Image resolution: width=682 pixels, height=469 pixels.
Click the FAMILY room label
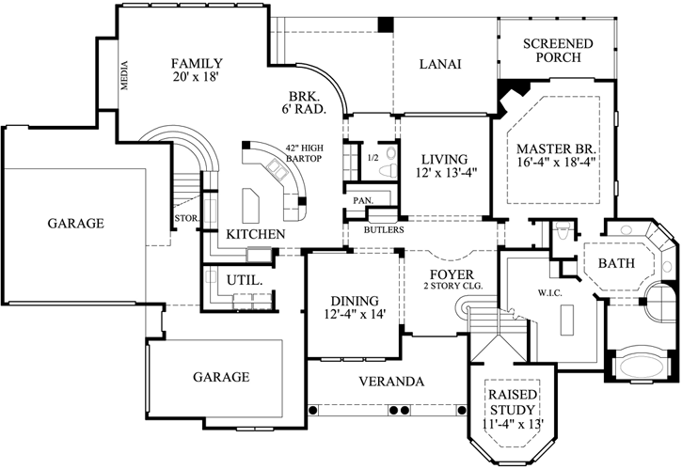[x=195, y=64]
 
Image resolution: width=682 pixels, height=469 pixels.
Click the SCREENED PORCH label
[x=558, y=51]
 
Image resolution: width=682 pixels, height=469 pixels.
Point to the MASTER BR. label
[x=558, y=149]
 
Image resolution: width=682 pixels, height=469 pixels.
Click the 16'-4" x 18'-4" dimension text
[x=558, y=164]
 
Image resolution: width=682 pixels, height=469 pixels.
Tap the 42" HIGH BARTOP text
[x=304, y=153]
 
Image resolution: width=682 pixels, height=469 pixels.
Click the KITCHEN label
[x=256, y=233]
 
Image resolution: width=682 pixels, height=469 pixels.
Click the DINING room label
[x=355, y=301]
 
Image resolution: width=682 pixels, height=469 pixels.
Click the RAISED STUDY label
[x=513, y=401]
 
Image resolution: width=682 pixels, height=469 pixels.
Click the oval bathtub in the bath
[x=642, y=365]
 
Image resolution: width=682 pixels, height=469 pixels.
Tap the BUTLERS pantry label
[x=384, y=229]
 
